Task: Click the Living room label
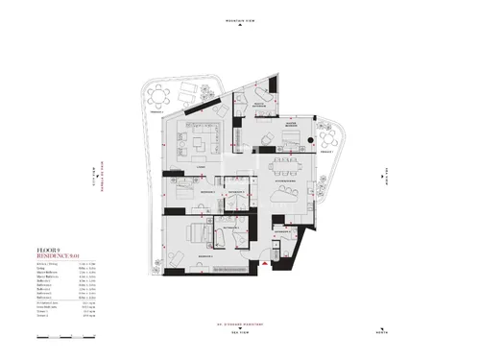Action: (x=201, y=167)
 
